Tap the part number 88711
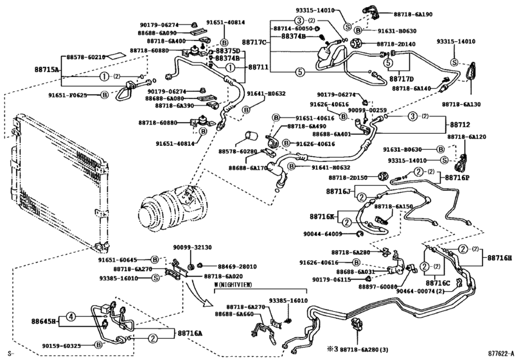pyautogui.click(x=258, y=67)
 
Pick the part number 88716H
pyautogui.click(x=499, y=258)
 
